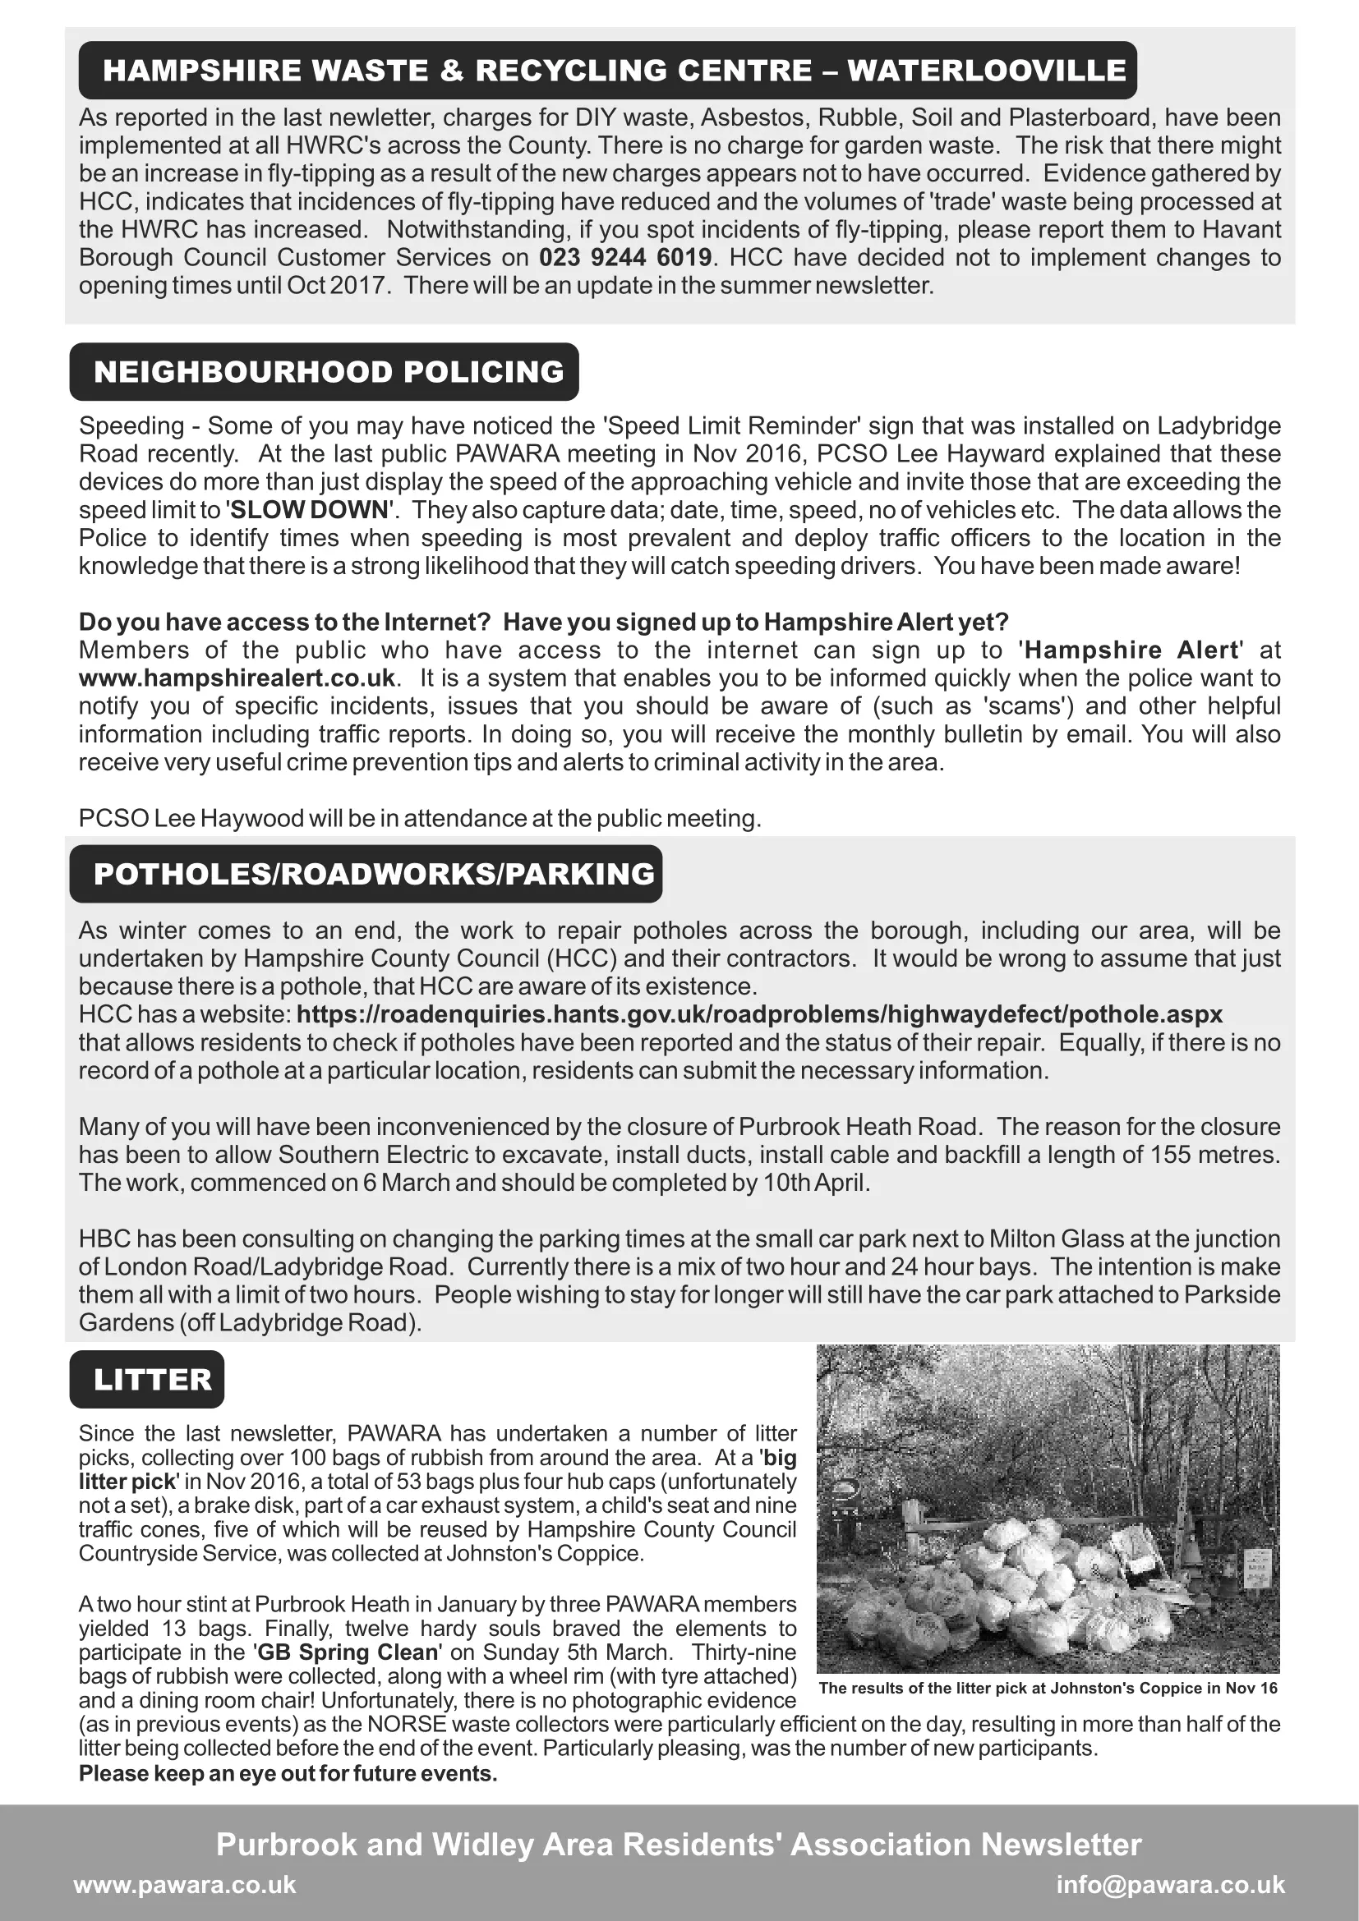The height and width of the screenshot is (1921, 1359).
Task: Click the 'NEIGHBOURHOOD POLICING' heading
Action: coord(328,371)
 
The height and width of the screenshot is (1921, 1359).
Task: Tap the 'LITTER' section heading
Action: coord(152,1380)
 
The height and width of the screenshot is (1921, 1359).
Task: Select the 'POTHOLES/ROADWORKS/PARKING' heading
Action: coord(373,874)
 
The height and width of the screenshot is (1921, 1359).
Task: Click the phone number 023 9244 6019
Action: coord(625,257)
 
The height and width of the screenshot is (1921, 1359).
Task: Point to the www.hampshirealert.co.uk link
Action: coord(237,678)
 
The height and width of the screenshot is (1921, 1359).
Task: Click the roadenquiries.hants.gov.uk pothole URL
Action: coord(759,1014)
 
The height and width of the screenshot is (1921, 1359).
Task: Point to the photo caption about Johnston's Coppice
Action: coord(1048,1688)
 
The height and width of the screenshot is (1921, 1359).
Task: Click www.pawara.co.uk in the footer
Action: coord(185,1884)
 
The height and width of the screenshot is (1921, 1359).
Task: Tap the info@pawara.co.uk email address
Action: coord(1170,1884)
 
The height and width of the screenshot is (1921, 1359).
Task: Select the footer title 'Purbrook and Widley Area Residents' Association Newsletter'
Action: coord(679,1844)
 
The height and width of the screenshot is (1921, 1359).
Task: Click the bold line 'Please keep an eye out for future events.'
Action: coord(288,1773)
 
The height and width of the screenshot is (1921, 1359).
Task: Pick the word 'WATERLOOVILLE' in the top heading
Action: coord(986,71)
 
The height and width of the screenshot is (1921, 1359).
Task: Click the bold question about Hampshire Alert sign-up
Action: coord(543,622)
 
